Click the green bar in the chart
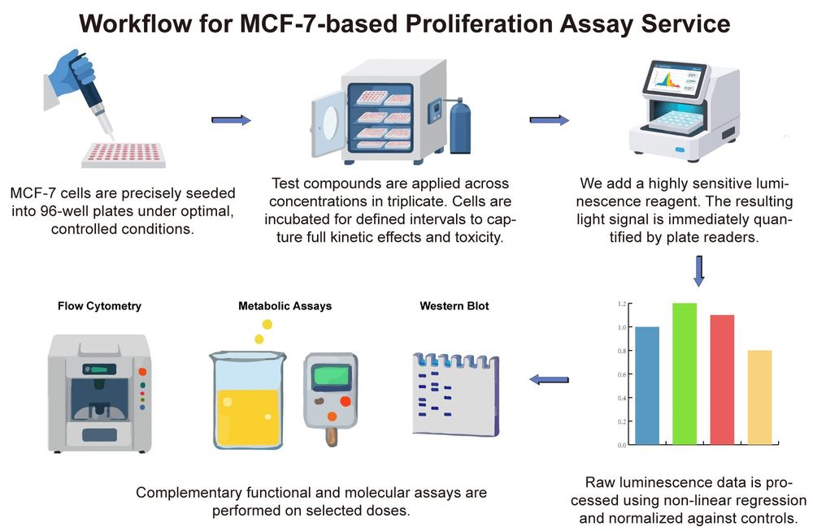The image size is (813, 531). pos(684,373)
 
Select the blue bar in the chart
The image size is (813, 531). pos(646,386)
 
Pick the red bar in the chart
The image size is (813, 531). pos(722,379)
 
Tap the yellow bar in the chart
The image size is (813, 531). pos(759,397)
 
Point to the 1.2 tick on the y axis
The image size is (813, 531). pos(622,304)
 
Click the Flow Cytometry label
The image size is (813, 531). pos(99,306)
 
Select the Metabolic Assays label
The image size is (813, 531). pos(285,306)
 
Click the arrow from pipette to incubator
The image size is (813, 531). pos(231,121)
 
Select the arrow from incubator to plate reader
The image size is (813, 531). pos(550,120)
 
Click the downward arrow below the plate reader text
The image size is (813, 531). pos(698,270)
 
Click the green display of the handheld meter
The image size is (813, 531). pos(333,377)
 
